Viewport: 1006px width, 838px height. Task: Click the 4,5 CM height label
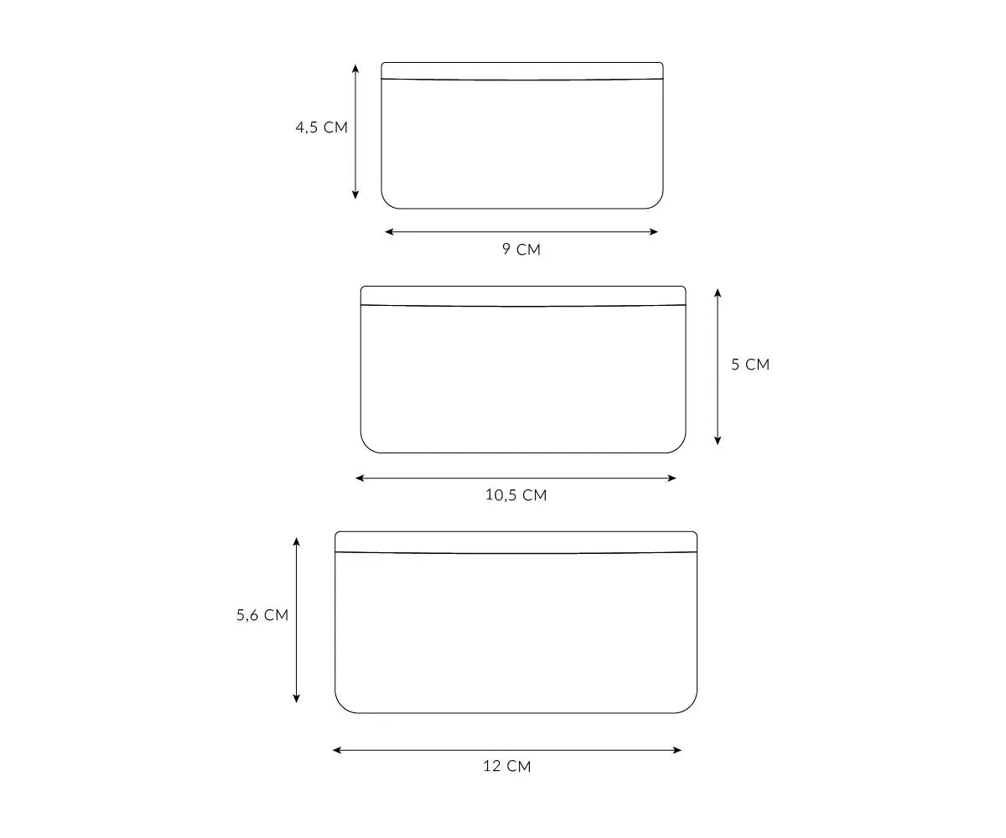click(x=321, y=127)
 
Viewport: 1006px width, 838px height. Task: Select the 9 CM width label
click(x=521, y=249)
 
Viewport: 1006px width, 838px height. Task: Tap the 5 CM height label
click(x=750, y=365)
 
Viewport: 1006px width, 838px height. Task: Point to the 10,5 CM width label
click(x=516, y=495)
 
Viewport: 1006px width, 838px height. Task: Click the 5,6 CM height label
click(x=262, y=615)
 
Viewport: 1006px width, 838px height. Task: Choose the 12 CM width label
click(x=507, y=766)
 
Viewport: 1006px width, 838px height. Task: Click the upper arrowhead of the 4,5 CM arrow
click(x=355, y=69)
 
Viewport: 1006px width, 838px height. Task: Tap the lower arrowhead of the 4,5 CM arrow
click(x=355, y=194)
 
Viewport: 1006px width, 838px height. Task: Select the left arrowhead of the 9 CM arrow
click(x=389, y=231)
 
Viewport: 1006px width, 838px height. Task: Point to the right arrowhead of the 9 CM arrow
click(x=654, y=231)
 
